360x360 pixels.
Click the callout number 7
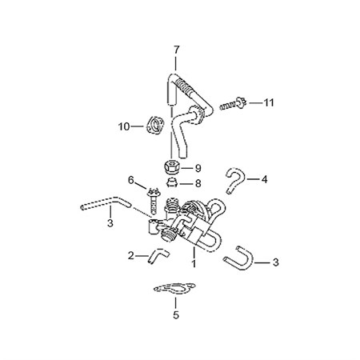click(176, 50)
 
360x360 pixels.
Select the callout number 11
click(269, 102)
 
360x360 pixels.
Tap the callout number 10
click(124, 126)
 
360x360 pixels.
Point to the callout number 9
click(198, 168)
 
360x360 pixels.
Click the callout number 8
click(198, 183)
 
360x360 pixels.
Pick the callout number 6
click(130, 180)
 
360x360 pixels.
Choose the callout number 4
click(264, 179)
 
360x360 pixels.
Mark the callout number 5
click(176, 315)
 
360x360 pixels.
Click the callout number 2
click(130, 256)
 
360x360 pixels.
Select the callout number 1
click(194, 263)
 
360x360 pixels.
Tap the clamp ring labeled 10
click(154, 125)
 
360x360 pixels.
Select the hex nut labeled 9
click(170, 167)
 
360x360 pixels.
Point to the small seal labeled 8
click(171, 183)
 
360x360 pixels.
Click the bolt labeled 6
click(154, 201)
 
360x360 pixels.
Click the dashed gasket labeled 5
click(174, 289)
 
